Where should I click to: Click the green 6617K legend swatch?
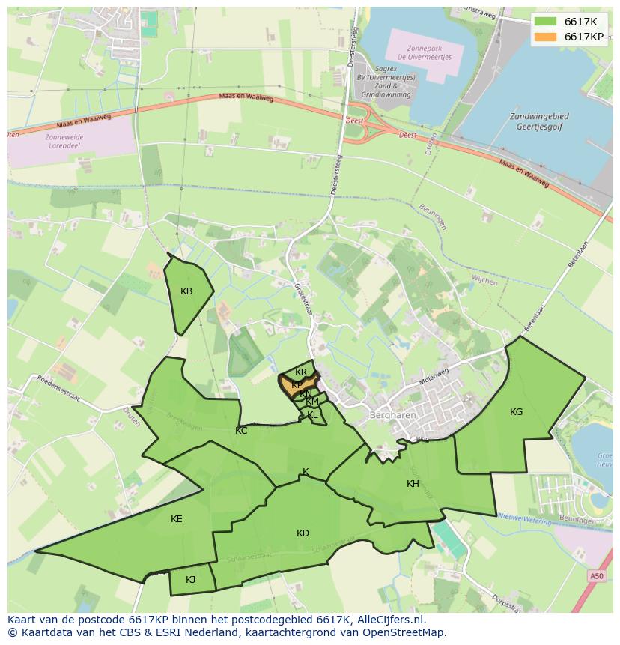[x=545, y=22]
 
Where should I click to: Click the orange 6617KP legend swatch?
[x=545, y=37]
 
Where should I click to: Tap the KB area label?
[x=186, y=291]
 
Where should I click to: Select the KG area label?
[x=516, y=411]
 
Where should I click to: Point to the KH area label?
[x=413, y=484]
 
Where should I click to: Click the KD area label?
[x=303, y=533]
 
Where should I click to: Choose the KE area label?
[x=176, y=519]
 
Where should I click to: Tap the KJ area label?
[x=190, y=579]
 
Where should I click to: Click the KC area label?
[x=241, y=431]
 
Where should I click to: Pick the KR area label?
[x=301, y=372]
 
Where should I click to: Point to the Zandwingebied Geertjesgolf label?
[x=538, y=122]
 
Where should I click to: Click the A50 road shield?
[x=596, y=576]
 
